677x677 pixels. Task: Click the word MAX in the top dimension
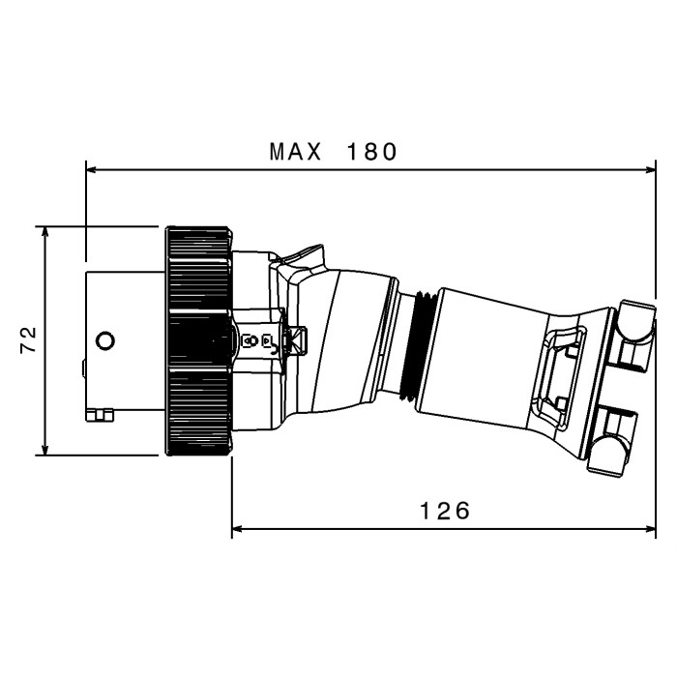tap(295, 152)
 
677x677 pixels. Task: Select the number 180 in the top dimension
tap(371, 152)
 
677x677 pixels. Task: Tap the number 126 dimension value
tap(445, 511)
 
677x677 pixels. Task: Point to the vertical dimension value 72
tap(29, 340)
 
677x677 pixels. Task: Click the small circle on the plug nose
tap(104, 340)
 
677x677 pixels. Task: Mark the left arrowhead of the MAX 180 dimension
tap(91, 169)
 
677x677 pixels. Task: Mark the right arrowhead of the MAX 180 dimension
tap(651, 169)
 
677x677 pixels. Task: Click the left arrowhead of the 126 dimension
tap(237, 528)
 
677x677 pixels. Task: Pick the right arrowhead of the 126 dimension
tap(651, 528)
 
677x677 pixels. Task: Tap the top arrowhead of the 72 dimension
tap(44, 231)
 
